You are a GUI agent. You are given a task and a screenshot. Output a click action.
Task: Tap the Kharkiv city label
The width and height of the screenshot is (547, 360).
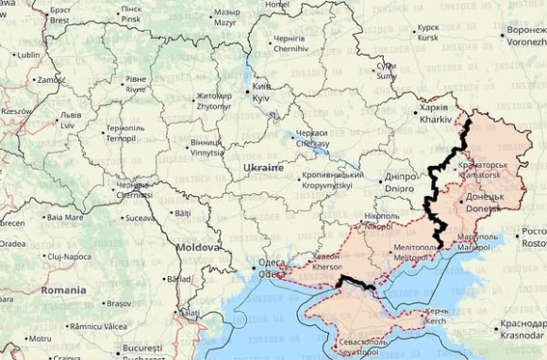click(x=432, y=115)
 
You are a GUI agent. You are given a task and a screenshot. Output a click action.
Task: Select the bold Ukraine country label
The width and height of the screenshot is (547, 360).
click(x=263, y=168)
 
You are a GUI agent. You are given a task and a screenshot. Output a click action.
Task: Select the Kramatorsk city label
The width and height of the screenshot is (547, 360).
click(x=483, y=171)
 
